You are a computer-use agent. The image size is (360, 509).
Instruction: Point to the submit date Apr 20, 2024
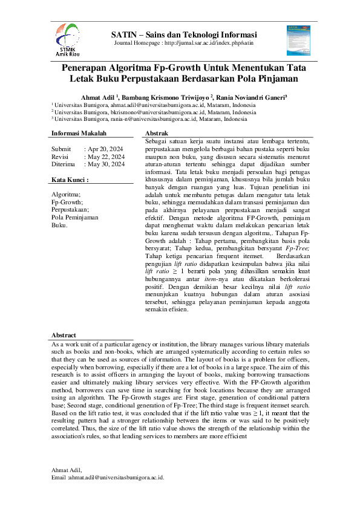click(106, 148)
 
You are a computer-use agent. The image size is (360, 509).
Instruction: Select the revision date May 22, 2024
click(107, 156)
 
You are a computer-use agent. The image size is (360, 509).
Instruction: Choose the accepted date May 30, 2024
click(107, 164)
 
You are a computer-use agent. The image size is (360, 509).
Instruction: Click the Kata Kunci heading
click(70, 180)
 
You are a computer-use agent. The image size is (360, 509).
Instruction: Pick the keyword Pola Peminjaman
click(74, 217)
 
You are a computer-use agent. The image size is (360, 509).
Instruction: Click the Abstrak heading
click(157, 133)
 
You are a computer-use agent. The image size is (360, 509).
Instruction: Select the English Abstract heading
click(64, 335)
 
